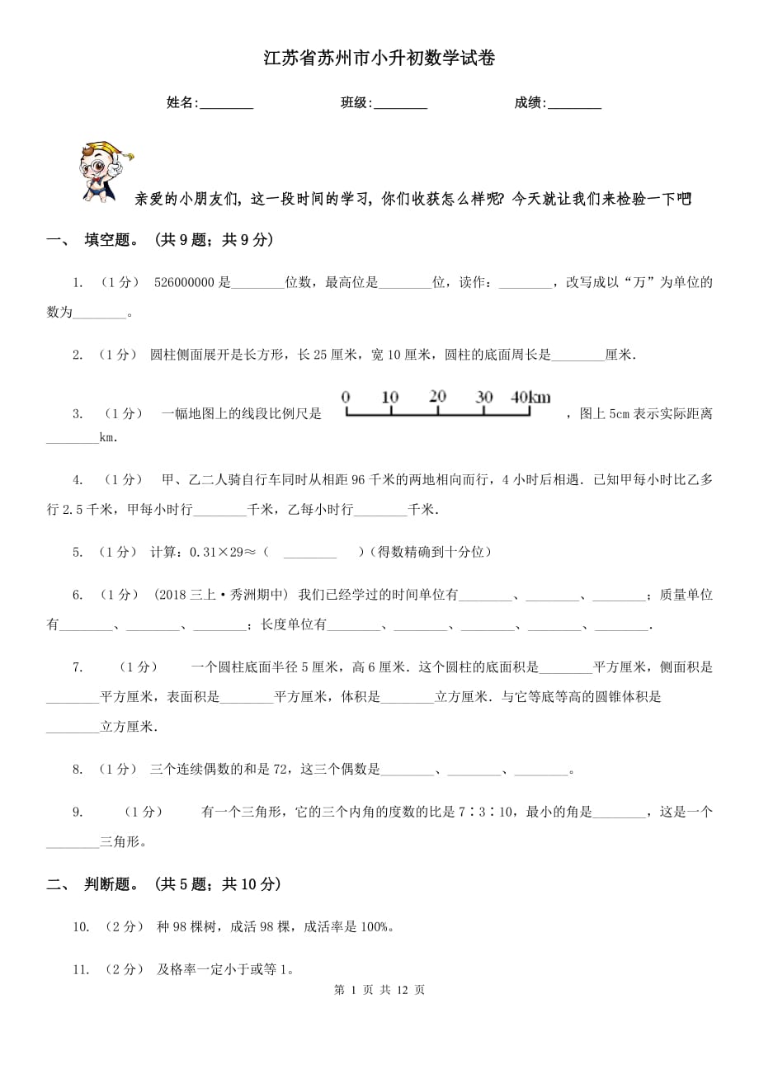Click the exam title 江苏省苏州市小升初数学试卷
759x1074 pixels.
coord(379,59)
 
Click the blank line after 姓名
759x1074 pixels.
coord(226,104)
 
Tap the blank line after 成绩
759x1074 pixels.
coord(574,104)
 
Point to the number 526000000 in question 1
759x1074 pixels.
coord(184,283)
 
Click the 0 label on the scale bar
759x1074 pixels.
coord(346,397)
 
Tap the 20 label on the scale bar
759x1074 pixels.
coord(437,397)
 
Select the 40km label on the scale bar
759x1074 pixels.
coord(530,397)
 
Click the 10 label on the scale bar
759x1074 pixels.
coord(390,397)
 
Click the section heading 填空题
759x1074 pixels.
coord(111,240)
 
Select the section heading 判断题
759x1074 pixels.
coord(111,884)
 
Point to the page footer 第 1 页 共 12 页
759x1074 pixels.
coord(379,990)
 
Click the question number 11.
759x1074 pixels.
coord(80,970)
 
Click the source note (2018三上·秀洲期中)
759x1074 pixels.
coord(220,595)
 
